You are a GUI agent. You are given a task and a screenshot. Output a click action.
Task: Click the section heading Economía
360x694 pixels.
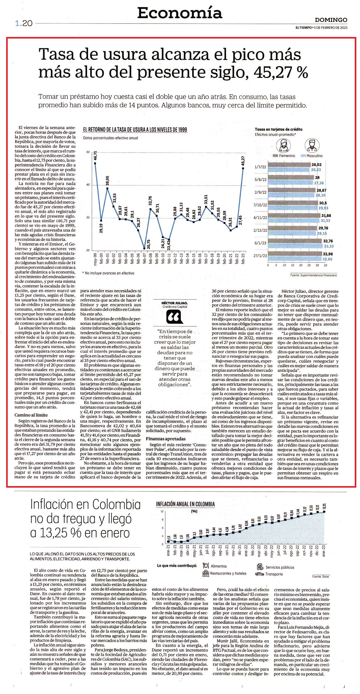point(180,13)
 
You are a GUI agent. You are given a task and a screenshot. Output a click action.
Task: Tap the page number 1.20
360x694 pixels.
point(24,23)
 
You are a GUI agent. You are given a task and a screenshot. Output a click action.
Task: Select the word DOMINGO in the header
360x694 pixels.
point(331,20)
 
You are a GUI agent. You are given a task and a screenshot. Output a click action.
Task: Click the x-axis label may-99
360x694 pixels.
point(95,260)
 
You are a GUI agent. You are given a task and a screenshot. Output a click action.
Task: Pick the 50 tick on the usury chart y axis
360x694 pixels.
point(88,152)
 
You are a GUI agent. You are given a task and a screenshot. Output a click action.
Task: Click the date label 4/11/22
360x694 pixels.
point(260,217)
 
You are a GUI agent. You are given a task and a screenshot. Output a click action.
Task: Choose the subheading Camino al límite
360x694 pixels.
point(32,415)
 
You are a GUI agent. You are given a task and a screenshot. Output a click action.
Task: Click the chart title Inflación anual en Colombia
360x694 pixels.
point(185,504)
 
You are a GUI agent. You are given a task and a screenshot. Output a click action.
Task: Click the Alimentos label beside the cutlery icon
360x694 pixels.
point(219,566)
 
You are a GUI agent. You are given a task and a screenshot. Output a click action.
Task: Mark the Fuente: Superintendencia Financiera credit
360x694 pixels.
point(313,275)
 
